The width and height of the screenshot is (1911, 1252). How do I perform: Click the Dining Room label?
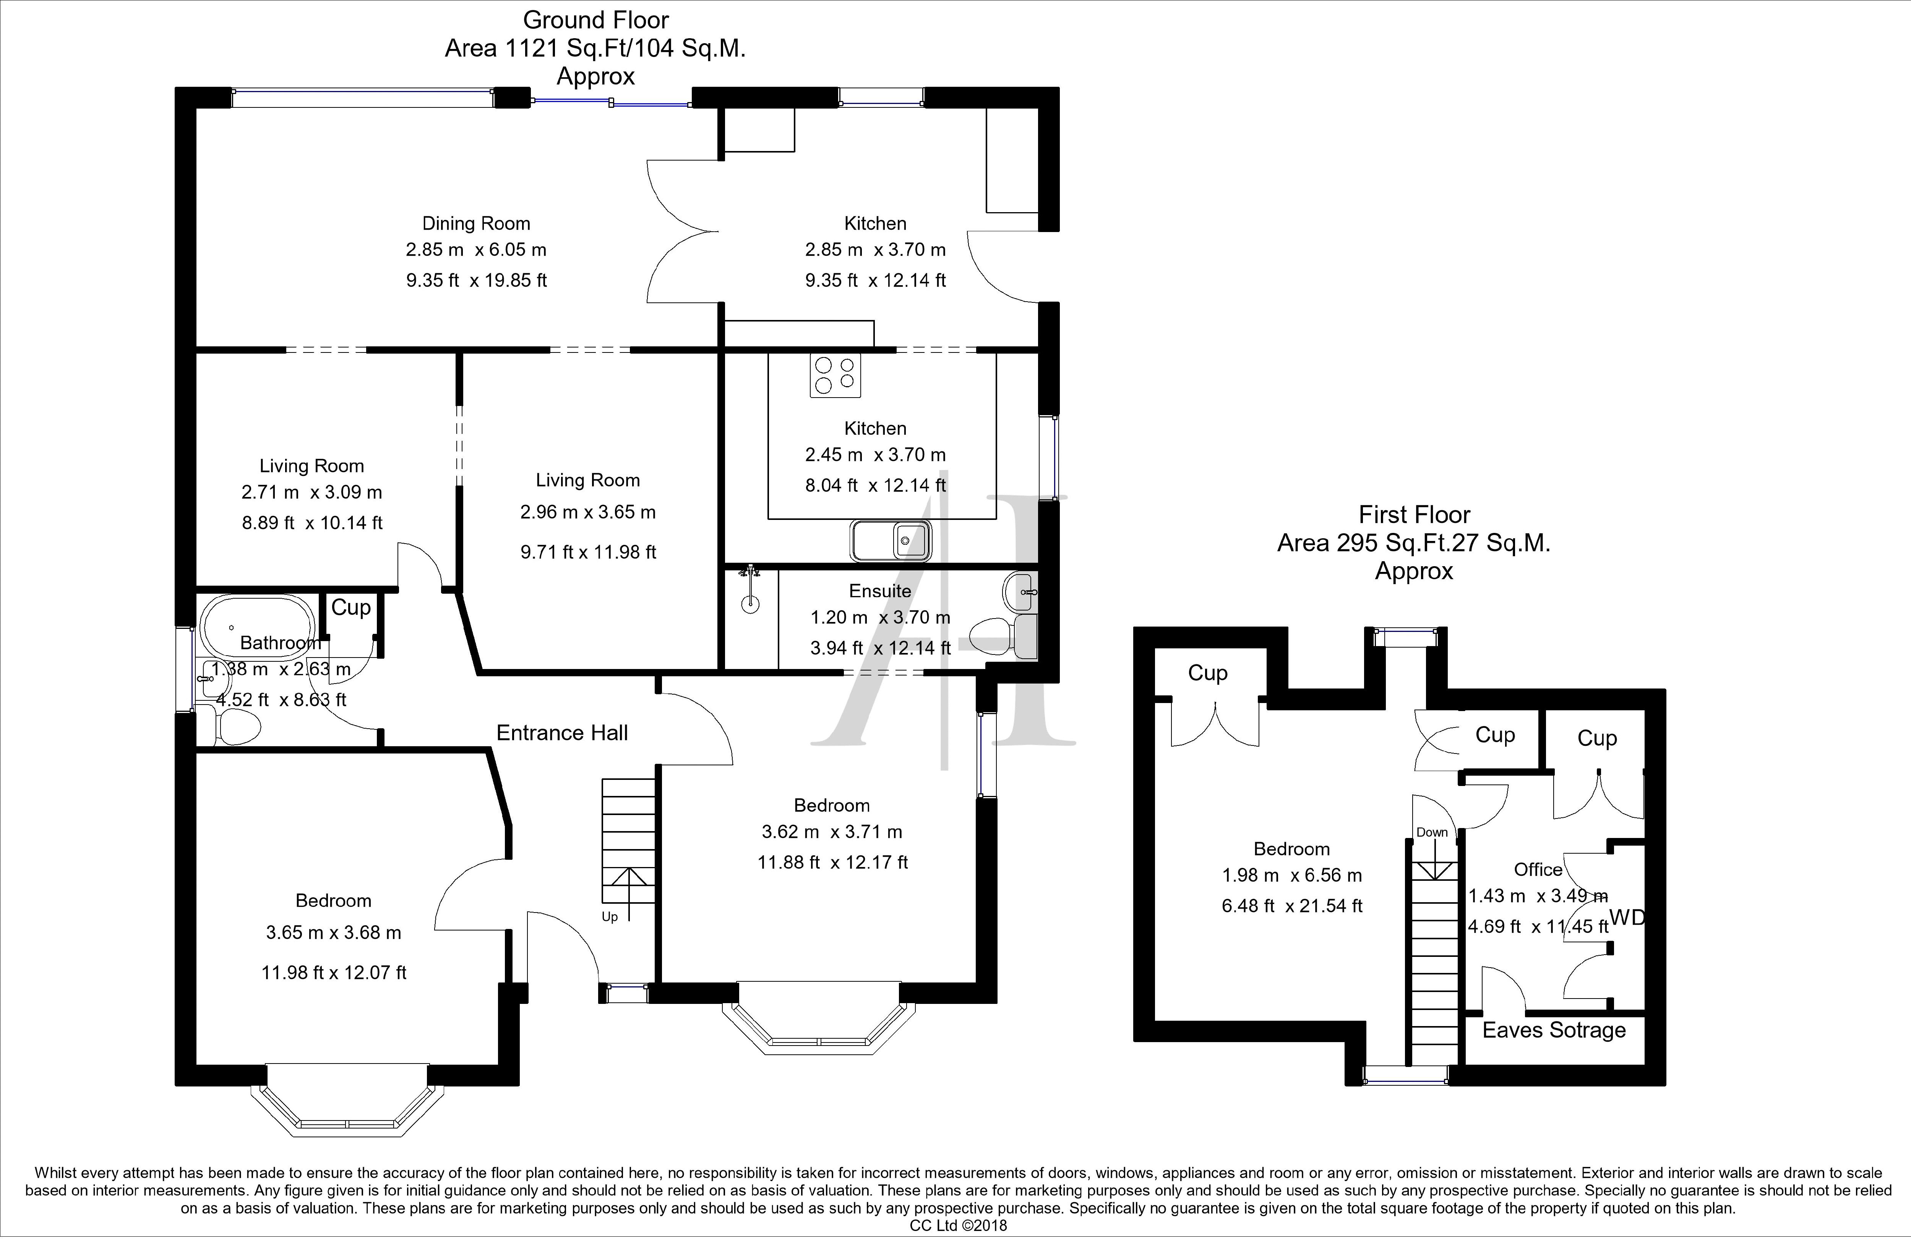point(476,223)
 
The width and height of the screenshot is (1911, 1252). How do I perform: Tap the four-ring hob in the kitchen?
point(835,375)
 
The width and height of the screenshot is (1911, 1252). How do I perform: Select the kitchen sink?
point(891,541)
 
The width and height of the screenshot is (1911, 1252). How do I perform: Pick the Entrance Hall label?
point(562,732)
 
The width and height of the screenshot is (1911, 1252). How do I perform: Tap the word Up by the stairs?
point(610,917)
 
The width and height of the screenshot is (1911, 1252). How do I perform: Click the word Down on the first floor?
point(1432,832)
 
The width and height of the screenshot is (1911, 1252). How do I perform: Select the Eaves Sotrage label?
point(1554,1030)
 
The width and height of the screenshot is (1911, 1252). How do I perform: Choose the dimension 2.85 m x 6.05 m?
point(476,250)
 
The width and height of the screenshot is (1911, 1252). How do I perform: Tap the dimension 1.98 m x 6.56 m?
point(1292,875)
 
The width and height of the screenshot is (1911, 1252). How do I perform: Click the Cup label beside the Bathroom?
point(351,608)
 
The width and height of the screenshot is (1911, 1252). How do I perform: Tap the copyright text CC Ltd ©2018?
point(958,1226)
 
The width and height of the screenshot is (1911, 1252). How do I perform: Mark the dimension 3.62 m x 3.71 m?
point(832,832)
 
